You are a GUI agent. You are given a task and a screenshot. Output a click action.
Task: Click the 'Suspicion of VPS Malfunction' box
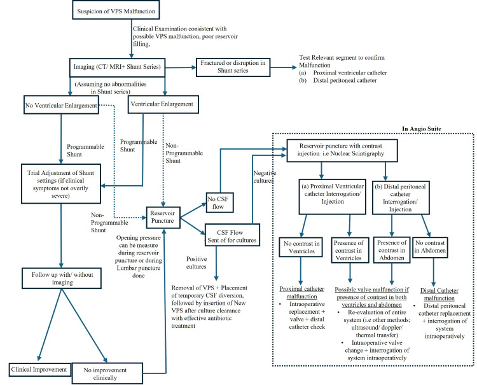click(116, 10)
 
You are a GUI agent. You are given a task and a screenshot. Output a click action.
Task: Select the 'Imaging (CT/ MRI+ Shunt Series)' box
click(117, 67)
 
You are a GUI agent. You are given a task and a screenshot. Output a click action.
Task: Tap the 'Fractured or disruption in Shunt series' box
click(233, 67)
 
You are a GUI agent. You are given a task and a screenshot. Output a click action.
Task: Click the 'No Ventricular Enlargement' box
click(61, 105)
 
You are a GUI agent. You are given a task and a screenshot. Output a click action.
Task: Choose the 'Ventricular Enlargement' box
click(163, 104)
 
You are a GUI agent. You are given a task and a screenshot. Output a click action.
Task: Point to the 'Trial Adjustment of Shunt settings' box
click(61, 183)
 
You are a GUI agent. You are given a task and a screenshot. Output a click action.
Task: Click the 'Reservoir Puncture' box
click(163, 217)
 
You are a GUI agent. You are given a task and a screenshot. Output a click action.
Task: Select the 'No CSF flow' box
click(219, 202)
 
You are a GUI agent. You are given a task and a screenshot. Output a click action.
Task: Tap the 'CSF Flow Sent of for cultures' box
click(232, 235)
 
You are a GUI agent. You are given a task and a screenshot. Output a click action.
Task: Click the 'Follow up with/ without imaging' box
click(62, 278)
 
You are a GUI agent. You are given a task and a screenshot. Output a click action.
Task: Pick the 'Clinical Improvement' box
click(39, 370)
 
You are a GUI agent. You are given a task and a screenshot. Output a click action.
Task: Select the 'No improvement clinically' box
click(107, 374)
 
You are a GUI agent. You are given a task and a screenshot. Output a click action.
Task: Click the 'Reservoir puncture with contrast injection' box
click(342, 150)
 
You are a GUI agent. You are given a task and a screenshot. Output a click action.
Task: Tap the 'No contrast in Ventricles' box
click(301, 247)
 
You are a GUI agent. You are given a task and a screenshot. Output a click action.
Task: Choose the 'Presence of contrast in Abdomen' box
click(392, 250)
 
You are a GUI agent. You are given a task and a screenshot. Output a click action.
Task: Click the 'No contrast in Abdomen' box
click(430, 248)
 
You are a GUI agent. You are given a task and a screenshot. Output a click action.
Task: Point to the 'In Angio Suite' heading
click(422, 129)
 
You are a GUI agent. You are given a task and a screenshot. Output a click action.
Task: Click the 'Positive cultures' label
click(197, 263)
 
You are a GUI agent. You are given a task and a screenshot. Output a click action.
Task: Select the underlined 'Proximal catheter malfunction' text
click(301, 293)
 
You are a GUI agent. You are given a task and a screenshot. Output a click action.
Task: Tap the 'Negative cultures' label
click(265, 177)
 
